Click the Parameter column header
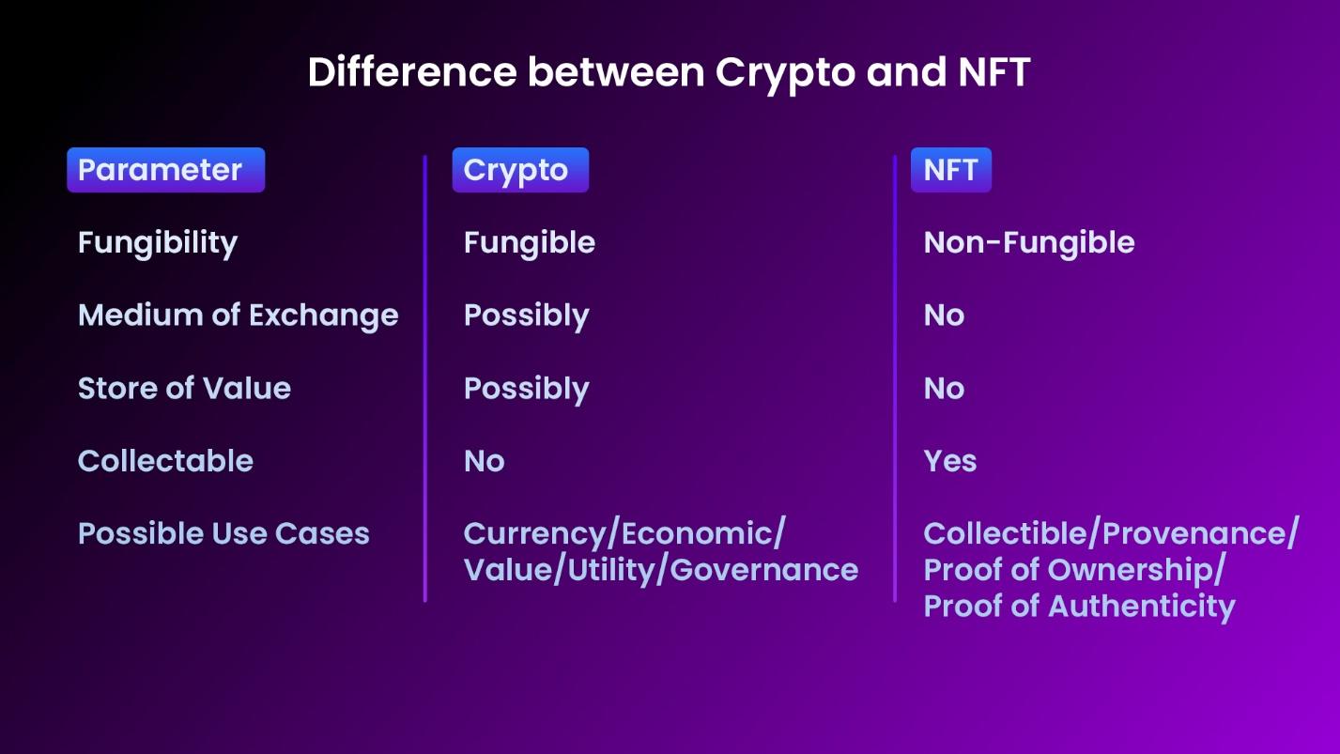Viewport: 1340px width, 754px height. point(165,170)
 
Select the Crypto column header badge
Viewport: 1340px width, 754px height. point(520,170)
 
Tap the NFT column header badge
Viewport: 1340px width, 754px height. point(950,170)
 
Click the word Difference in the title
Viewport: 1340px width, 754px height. point(412,72)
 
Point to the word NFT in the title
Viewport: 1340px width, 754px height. point(993,72)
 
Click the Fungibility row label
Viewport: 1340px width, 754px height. point(158,243)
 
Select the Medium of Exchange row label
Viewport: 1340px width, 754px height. point(239,315)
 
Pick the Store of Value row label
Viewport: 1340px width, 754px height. point(184,389)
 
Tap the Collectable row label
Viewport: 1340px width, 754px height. point(165,461)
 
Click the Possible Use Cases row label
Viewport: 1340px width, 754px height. point(223,533)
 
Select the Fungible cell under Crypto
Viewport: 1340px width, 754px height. point(530,243)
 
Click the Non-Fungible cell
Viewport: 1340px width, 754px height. point(1029,243)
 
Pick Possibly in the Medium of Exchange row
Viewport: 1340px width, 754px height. point(527,315)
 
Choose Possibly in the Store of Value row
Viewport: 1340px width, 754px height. point(527,389)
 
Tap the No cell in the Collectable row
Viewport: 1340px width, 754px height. point(484,461)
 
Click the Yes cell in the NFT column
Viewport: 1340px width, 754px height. point(950,461)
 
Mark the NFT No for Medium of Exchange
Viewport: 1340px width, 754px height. point(944,315)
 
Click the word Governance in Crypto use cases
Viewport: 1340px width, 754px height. point(764,570)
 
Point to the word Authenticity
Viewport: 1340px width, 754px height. point(1141,607)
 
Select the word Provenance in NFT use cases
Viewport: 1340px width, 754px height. point(1193,533)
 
